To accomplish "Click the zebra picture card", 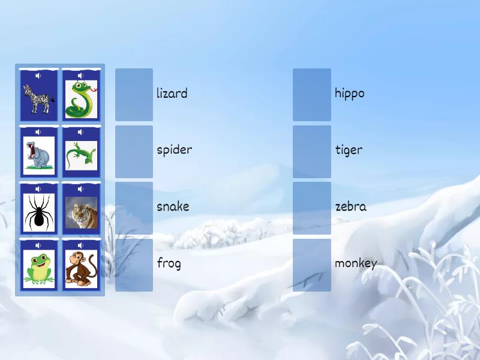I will pos(38,98).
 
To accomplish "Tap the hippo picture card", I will pos(38,155).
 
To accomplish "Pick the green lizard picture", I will pos(81,155).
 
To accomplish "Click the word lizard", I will pos(172,94).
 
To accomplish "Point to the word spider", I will pos(174,150).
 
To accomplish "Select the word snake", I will pos(173,206).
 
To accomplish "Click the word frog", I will pos(169,263).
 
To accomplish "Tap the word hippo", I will pos(349,94).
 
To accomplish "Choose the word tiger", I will pos(349,150).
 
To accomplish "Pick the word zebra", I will pos(350,206).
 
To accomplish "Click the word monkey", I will pos(356,263).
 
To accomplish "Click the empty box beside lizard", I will pos(134,94).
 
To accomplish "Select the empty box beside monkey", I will pos(312,265).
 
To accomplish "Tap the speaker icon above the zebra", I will pos(38,76).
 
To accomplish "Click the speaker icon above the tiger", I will pos(81,189).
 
